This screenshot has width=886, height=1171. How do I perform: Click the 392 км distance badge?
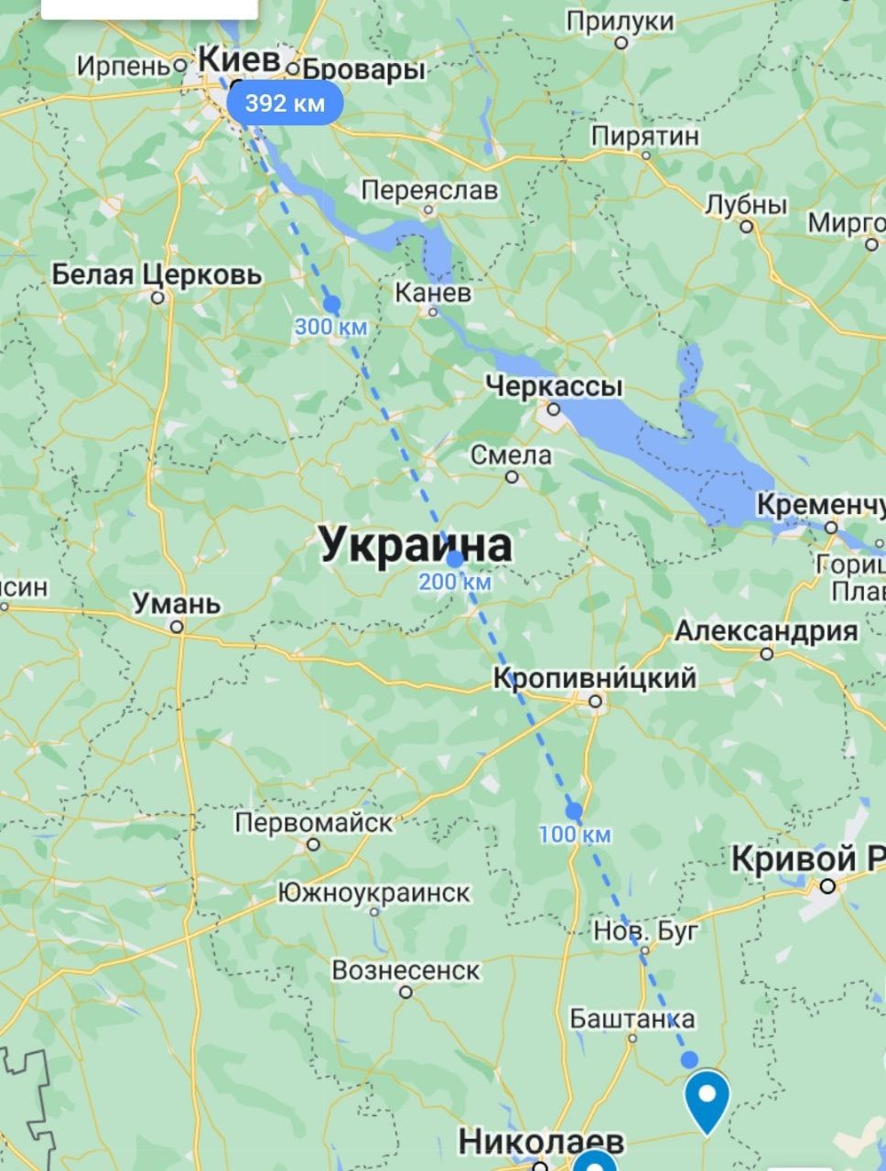point(285,102)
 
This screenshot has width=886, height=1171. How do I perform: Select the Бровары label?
point(363,70)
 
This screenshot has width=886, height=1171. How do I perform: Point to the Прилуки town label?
point(620,21)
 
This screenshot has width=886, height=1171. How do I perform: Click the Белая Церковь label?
point(157,274)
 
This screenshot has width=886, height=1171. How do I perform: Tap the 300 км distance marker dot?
point(331,304)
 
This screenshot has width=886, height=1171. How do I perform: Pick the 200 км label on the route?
point(455,582)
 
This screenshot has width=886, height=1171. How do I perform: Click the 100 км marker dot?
point(574,811)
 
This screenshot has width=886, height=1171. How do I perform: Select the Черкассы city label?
point(554,386)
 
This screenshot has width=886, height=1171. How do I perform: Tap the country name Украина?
point(415,545)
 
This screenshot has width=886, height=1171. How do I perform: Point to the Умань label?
point(177,604)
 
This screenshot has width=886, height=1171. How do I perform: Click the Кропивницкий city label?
point(594,678)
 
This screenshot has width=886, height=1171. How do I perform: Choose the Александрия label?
point(766,631)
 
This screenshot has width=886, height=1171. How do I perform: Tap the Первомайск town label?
point(313,822)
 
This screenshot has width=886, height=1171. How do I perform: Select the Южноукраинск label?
point(373,891)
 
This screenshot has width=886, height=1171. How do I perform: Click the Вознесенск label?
point(405,970)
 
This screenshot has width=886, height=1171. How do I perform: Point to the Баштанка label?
point(632,1018)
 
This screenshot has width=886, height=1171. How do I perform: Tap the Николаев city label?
point(541,1141)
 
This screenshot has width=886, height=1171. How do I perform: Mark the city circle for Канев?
point(434,311)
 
